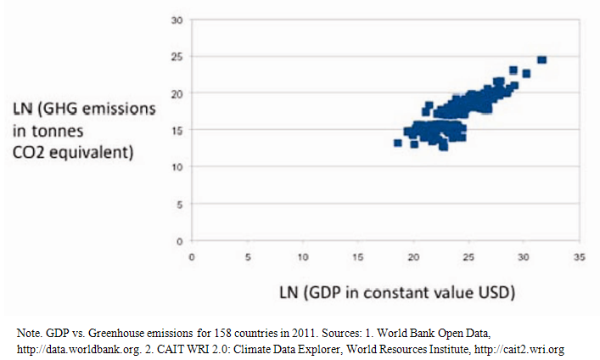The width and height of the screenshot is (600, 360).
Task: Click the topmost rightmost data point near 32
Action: coord(541,60)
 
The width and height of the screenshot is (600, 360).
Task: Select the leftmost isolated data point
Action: coord(397,143)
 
